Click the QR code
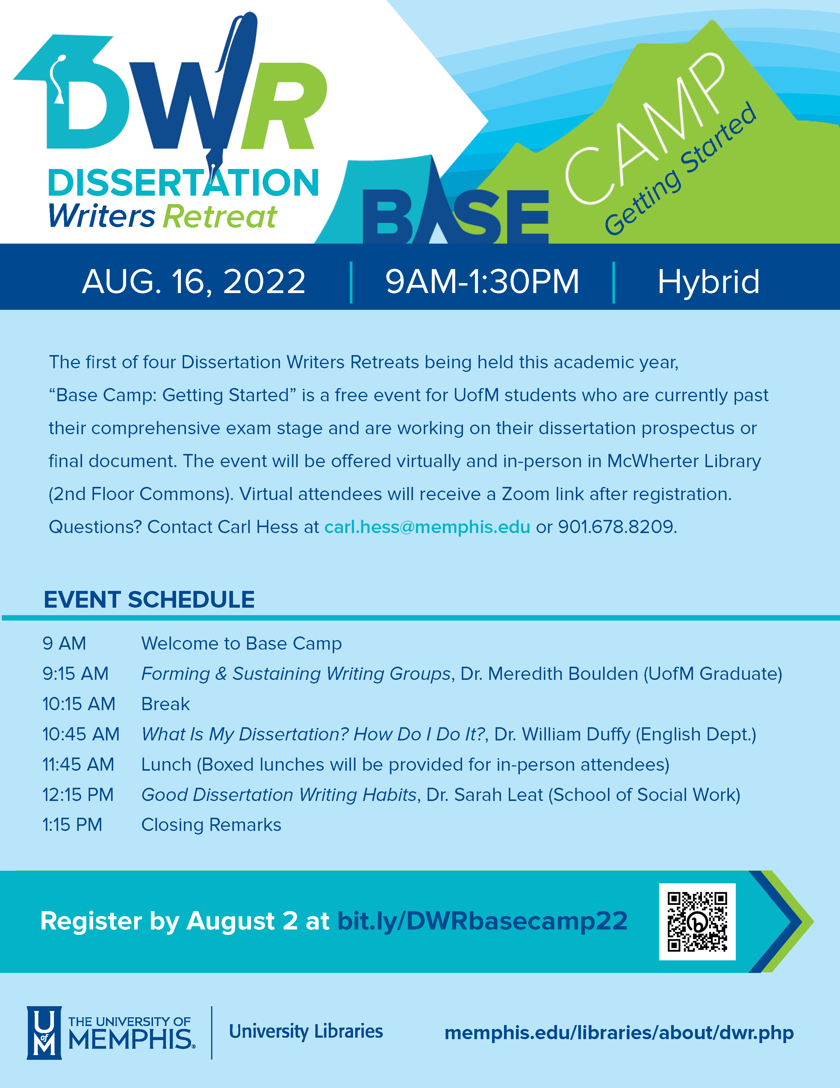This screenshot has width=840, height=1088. pyautogui.click(x=697, y=922)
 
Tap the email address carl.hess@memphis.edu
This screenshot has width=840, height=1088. pyautogui.click(x=427, y=526)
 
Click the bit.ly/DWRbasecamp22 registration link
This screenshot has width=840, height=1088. pyautogui.click(x=482, y=921)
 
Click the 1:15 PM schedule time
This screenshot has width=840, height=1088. pyautogui.click(x=72, y=825)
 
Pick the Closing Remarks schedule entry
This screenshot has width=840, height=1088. pyautogui.click(x=211, y=825)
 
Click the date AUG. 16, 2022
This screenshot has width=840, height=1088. pyautogui.click(x=194, y=281)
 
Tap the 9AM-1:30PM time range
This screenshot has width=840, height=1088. pyautogui.click(x=482, y=281)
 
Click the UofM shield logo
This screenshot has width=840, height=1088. pyautogui.click(x=44, y=1032)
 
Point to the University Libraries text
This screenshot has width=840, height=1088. pyautogui.click(x=306, y=1031)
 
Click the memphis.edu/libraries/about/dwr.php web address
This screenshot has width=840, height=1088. pyautogui.click(x=619, y=1033)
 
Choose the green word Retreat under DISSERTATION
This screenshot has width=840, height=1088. pyautogui.click(x=220, y=216)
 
